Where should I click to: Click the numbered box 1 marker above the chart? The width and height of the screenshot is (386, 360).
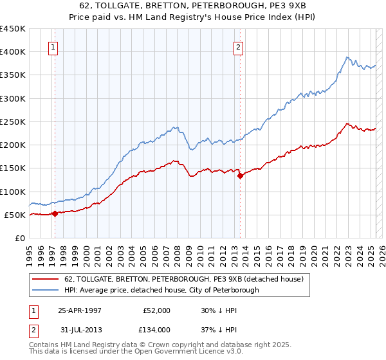52,47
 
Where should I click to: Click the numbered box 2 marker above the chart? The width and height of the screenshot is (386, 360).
238,47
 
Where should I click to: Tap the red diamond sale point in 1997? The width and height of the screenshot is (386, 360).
55,213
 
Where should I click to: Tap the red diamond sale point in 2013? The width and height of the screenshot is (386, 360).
240,175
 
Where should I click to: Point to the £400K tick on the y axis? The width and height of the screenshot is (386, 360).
13,52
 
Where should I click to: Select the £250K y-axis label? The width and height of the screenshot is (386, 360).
13,122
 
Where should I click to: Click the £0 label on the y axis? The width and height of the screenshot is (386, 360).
20,238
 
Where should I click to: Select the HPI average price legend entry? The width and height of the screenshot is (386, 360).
161,290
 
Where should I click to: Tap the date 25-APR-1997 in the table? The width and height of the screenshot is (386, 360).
80,310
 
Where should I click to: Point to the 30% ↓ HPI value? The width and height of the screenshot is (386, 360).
215,310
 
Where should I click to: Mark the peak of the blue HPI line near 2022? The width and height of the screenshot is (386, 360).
346,57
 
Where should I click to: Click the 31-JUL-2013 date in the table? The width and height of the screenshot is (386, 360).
80,329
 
